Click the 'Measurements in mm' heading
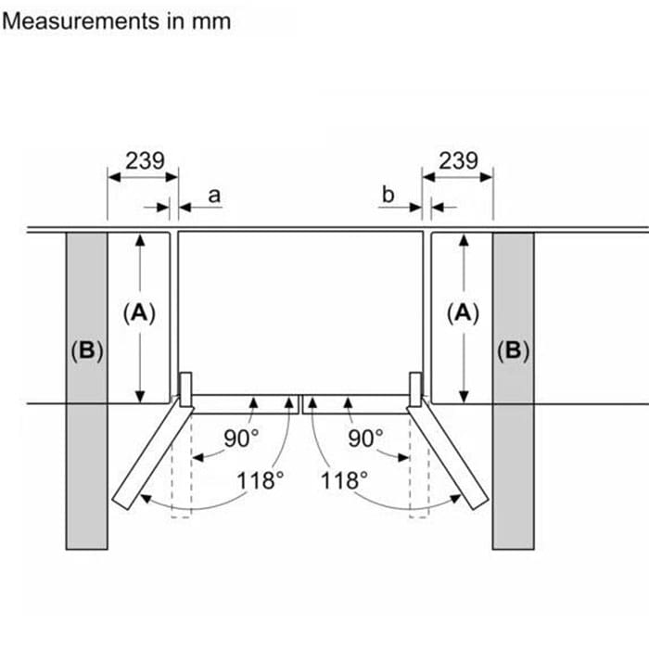click(117, 20)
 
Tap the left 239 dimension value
click(145, 160)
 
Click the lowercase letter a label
click(214, 195)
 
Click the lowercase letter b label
click(388, 195)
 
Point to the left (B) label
click(86, 351)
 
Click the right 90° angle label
click(365, 438)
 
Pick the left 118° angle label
click(260, 480)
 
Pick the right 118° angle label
click(344, 480)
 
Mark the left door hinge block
click(185, 388)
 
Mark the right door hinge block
click(414, 388)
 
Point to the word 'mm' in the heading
click(212, 20)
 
